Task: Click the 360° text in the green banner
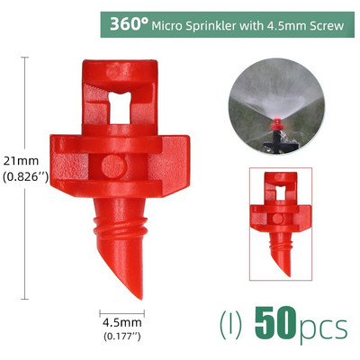(130, 23)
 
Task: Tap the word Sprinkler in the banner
(216, 24)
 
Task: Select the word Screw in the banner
(325, 24)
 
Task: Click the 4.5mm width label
(122, 322)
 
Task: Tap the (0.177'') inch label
(122, 337)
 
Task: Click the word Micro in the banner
(171, 24)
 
